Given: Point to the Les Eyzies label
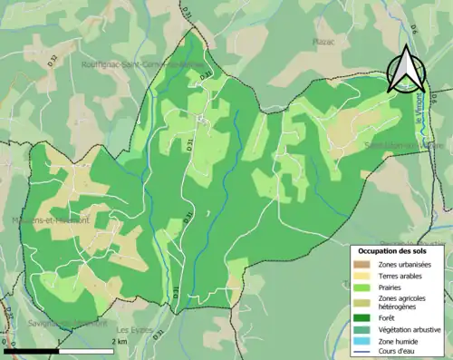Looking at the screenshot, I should click(135, 330).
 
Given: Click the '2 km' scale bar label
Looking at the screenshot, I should click(119, 342).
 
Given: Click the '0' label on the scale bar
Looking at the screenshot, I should click(5, 342).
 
